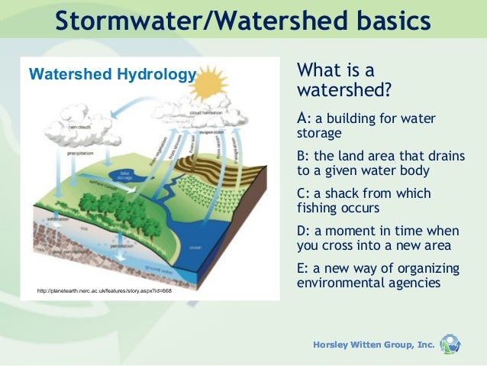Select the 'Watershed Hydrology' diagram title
click(112, 74)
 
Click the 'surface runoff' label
click(102, 183)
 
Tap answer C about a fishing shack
click(363, 200)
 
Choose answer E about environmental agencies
click(378, 275)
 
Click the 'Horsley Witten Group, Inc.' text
click(373, 345)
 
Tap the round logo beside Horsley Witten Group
click(450, 344)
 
